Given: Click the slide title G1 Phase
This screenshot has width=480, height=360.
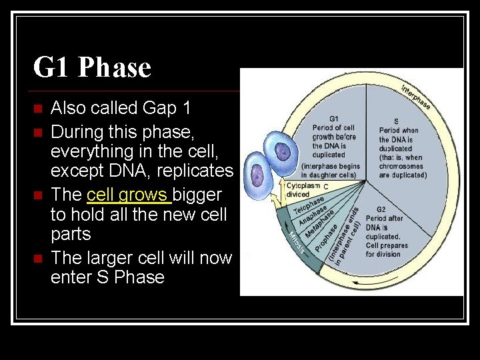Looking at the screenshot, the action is [92, 68].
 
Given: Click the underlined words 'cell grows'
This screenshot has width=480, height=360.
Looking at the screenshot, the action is [128, 195].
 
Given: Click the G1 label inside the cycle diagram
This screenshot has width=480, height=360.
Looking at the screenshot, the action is [334, 119].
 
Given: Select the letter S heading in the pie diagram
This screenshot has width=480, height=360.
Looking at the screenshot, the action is [396, 121].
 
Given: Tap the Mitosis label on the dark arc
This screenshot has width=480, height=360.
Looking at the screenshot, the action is [297, 241].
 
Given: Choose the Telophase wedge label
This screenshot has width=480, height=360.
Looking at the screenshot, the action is [309, 205].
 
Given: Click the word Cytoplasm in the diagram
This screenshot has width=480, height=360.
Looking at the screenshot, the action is [302, 185].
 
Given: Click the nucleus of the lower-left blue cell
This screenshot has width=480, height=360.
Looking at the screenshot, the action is [257, 175].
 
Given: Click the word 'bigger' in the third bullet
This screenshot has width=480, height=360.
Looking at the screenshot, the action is [197, 195].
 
